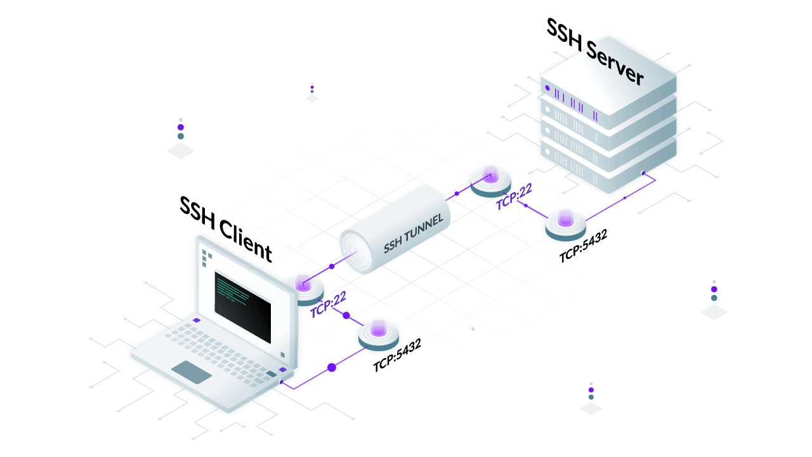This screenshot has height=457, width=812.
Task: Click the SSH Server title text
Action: click(595, 53)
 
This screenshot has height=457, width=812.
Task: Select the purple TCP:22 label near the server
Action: click(514, 196)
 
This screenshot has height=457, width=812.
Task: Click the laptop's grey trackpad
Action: click(192, 372)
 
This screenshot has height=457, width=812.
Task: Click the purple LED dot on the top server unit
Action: click(547, 88)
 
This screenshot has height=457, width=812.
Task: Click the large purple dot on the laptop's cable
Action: click(331, 368)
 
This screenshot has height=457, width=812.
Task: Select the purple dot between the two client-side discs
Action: click(346, 315)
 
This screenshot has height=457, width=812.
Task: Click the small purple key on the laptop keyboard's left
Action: click(197, 321)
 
